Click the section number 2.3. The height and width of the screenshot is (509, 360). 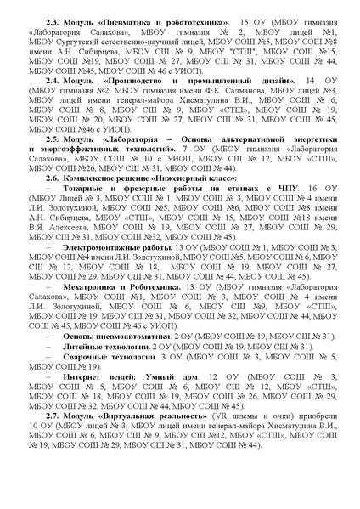click(53, 18)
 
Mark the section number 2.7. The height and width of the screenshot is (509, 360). click(53, 433)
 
